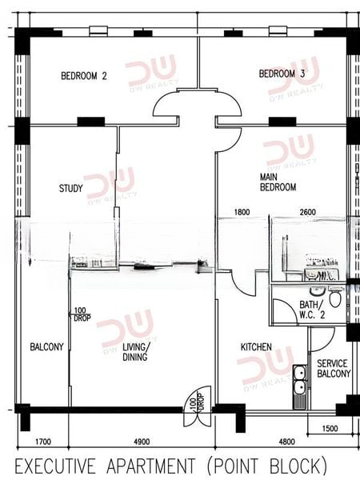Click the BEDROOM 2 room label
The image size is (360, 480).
(84, 76)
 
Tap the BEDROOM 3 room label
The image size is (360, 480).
(282, 74)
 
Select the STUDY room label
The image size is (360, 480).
(71, 188)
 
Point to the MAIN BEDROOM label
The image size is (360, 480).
(278, 182)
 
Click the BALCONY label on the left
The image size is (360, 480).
(46, 347)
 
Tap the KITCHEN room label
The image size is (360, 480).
(256, 347)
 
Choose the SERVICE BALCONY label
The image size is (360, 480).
(334, 369)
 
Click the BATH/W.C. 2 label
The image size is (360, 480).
(312, 310)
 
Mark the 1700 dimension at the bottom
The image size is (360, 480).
(43, 442)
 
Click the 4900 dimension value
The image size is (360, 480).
(142, 442)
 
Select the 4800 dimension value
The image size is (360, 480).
(287, 442)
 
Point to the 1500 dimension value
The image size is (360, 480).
(330, 428)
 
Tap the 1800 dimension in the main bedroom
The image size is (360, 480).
(242, 212)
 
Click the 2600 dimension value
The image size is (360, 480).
(308, 212)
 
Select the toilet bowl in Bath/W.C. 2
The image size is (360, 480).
(335, 299)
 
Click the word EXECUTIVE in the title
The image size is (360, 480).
(55, 466)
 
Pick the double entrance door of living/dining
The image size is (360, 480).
(198, 406)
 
